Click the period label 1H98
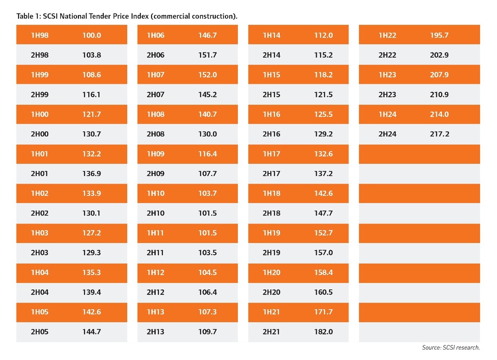coord(40,35)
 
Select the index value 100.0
coord(92,35)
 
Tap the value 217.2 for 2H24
coord(439,134)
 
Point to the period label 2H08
coord(155,134)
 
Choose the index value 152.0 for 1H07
coord(208,75)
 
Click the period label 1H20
coord(271,272)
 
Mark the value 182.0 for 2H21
coord(323,332)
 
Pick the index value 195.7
coord(439,35)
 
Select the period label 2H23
coord(387,95)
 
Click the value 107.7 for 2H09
coord(208,174)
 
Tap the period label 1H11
coord(155,233)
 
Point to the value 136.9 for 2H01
coord(92,174)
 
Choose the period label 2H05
coord(40,332)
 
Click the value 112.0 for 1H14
coord(323,35)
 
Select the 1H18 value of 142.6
coord(323,194)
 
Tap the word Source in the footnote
coord(431,348)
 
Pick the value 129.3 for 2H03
coord(92,253)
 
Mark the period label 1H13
coord(155,312)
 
